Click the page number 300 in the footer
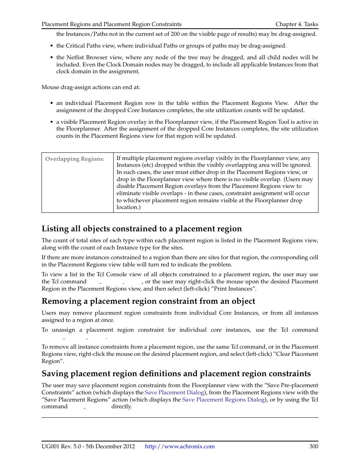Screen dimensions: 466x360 tap(313, 446)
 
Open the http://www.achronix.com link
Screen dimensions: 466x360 tap(180, 446)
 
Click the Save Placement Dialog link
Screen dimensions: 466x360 tap(174, 392)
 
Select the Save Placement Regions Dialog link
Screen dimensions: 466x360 tap(223, 400)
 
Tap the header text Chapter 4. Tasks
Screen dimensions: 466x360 tap(297, 24)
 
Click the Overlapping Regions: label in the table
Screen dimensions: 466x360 tap(75, 159)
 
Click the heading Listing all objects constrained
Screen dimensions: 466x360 tap(142, 229)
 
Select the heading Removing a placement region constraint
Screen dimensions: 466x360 tap(148, 301)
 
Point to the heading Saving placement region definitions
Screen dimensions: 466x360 tap(176, 374)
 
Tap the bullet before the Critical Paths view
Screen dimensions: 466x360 tap(52, 46)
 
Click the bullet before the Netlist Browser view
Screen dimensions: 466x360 tap(52, 58)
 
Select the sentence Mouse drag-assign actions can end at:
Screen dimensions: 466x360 tap(91, 87)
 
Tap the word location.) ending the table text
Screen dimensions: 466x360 tap(128, 207)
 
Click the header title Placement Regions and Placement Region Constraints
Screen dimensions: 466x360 tap(111, 24)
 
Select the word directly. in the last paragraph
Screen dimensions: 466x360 tap(122, 406)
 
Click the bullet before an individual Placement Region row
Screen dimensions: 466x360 tap(52, 103)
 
